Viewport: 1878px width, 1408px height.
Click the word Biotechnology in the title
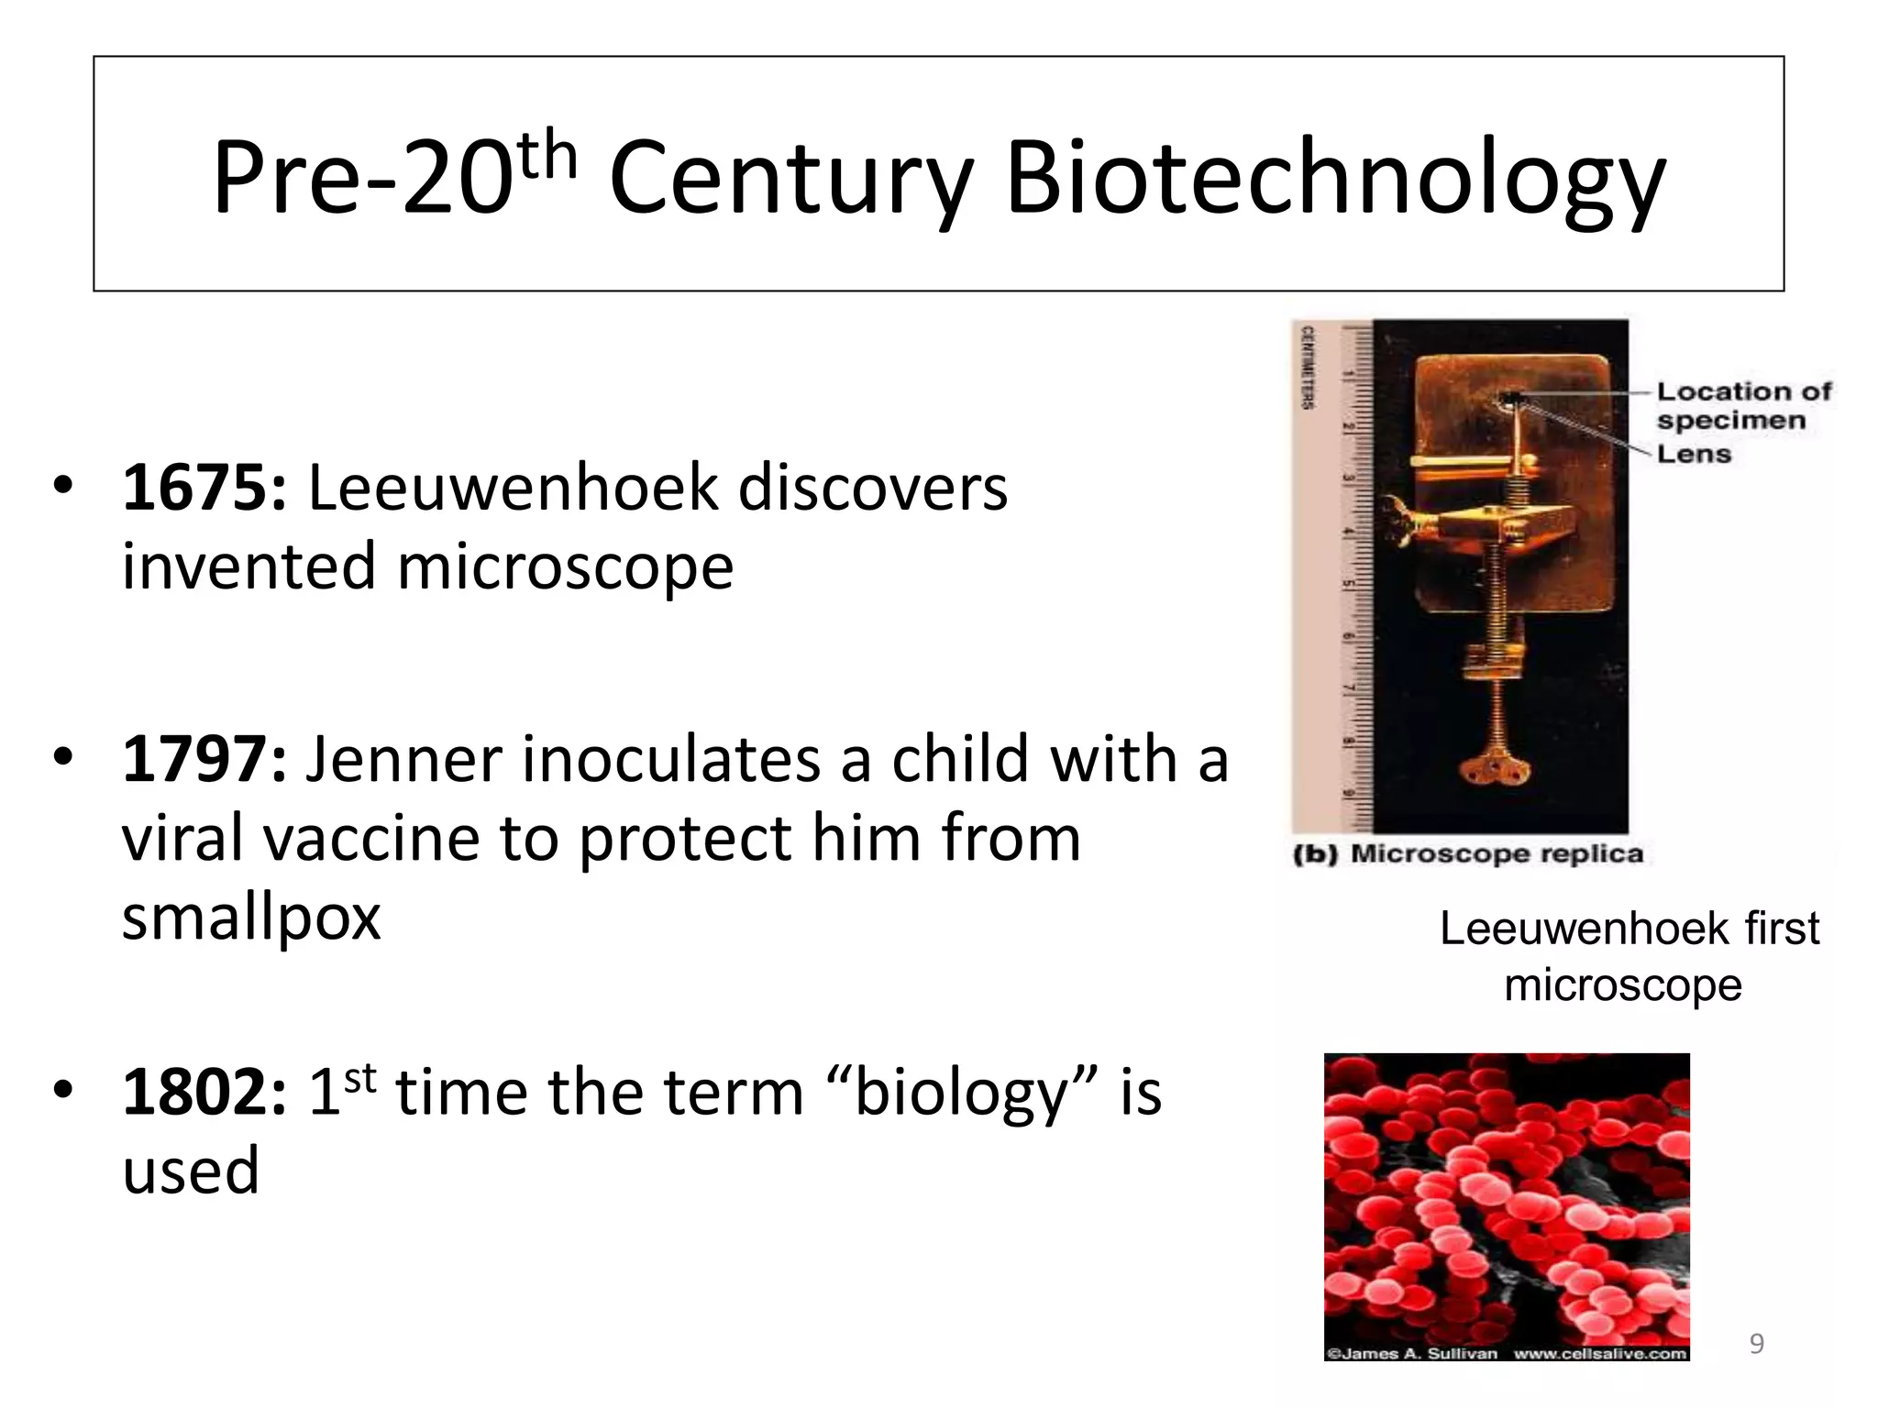click(x=1334, y=179)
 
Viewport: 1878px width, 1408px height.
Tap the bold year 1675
click(x=204, y=488)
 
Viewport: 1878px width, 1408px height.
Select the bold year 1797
click(x=204, y=760)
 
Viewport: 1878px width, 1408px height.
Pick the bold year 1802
click(x=204, y=1093)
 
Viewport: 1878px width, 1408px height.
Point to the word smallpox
click(x=251, y=918)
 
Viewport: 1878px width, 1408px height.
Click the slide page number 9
click(x=1756, y=1344)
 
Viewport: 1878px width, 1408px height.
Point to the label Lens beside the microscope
click(x=1694, y=454)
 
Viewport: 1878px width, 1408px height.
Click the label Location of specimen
click(x=1742, y=405)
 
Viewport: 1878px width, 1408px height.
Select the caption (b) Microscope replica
click(x=1467, y=854)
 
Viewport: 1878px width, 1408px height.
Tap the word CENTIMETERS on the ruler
click(x=1308, y=367)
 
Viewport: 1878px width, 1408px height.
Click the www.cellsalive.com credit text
click(x=1599, y=1354)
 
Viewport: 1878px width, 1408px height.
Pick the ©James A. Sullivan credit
click(x=1412, y=1354)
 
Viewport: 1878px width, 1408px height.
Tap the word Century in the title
click(x=790, y=179)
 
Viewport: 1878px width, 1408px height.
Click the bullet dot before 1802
click(x=62, y=1091)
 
